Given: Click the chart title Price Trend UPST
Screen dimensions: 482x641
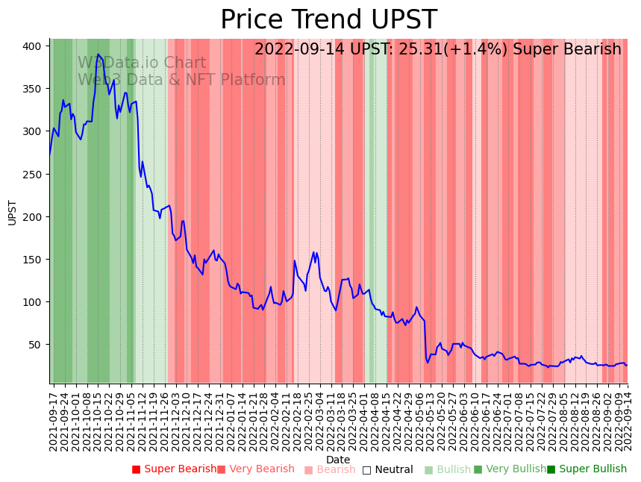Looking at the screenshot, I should pos(328,20).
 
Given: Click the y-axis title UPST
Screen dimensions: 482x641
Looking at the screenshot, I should pos(13,212).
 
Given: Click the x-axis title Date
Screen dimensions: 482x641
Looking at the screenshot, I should pos(338,460).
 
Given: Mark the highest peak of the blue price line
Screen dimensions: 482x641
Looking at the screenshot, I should pos(98,54).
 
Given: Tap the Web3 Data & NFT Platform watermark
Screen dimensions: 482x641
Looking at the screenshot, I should pos(181,80).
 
